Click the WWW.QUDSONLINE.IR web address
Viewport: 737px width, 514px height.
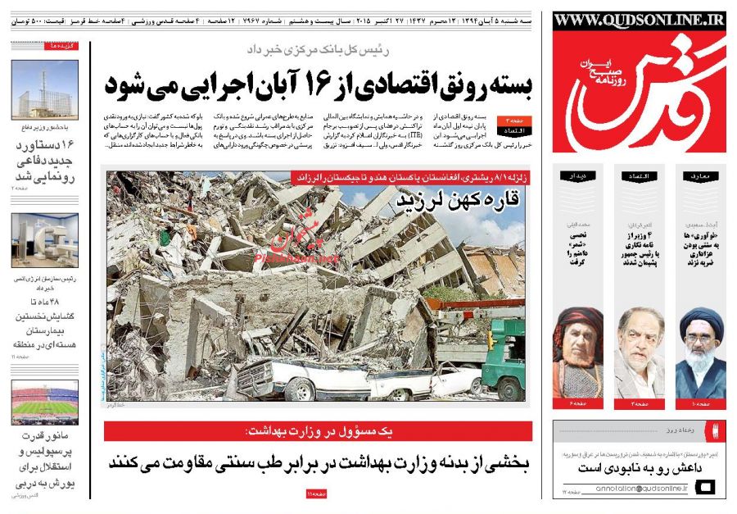(x=639, y=20)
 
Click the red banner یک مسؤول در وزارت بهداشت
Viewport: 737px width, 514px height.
(x=319, y=431)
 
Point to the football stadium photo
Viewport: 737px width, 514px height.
(x=45, y=401)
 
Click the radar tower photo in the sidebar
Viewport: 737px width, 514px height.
(x=45, y=90)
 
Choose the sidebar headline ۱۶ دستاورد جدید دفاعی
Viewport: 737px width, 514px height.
(x=45, y=161)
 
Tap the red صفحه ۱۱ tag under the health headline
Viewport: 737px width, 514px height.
(x=317, y=494)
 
